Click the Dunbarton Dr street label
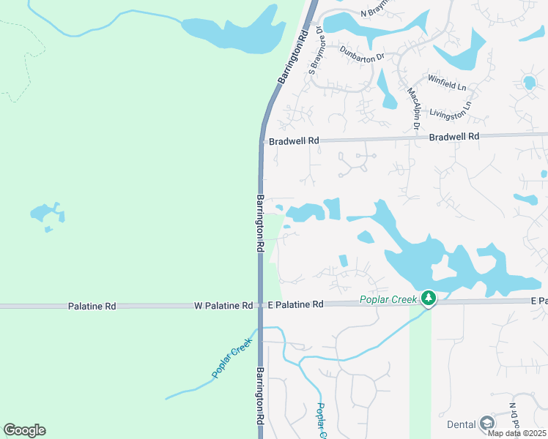point(362,53)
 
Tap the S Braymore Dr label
point(315,50)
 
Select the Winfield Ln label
point(447,80)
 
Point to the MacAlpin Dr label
point(413,110)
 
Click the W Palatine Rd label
point(223,305)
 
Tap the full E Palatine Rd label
point(295,304)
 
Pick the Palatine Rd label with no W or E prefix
point(92,306)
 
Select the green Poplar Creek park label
point(388,299)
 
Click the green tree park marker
point(429,298)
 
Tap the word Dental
point(462,424)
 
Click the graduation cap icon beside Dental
point(487,424)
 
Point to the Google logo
point(24,430)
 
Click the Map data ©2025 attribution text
point(516,433)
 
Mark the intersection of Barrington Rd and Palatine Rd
point(260,305)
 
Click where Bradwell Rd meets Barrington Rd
point(262,140)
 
